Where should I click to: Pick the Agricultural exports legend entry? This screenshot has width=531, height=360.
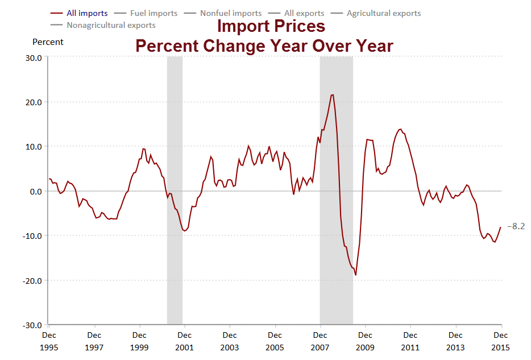click(x=384, y=13)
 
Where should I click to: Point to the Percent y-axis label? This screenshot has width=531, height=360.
click(x=48, y=42)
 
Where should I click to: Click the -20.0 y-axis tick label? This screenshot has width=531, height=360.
click(x=32, y=280)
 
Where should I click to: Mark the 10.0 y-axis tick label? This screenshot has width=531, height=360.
click(x=34, y=147)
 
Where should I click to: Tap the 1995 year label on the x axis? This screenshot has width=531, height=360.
click(x=49, y=347)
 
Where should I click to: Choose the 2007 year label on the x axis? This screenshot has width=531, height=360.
click(x=320, y=347)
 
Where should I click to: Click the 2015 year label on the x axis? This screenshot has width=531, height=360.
click(x=501, y=347)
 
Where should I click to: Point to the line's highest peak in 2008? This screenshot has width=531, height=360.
click(x=333, y=95)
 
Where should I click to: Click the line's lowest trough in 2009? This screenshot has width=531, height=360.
click(x=355, y=275)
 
